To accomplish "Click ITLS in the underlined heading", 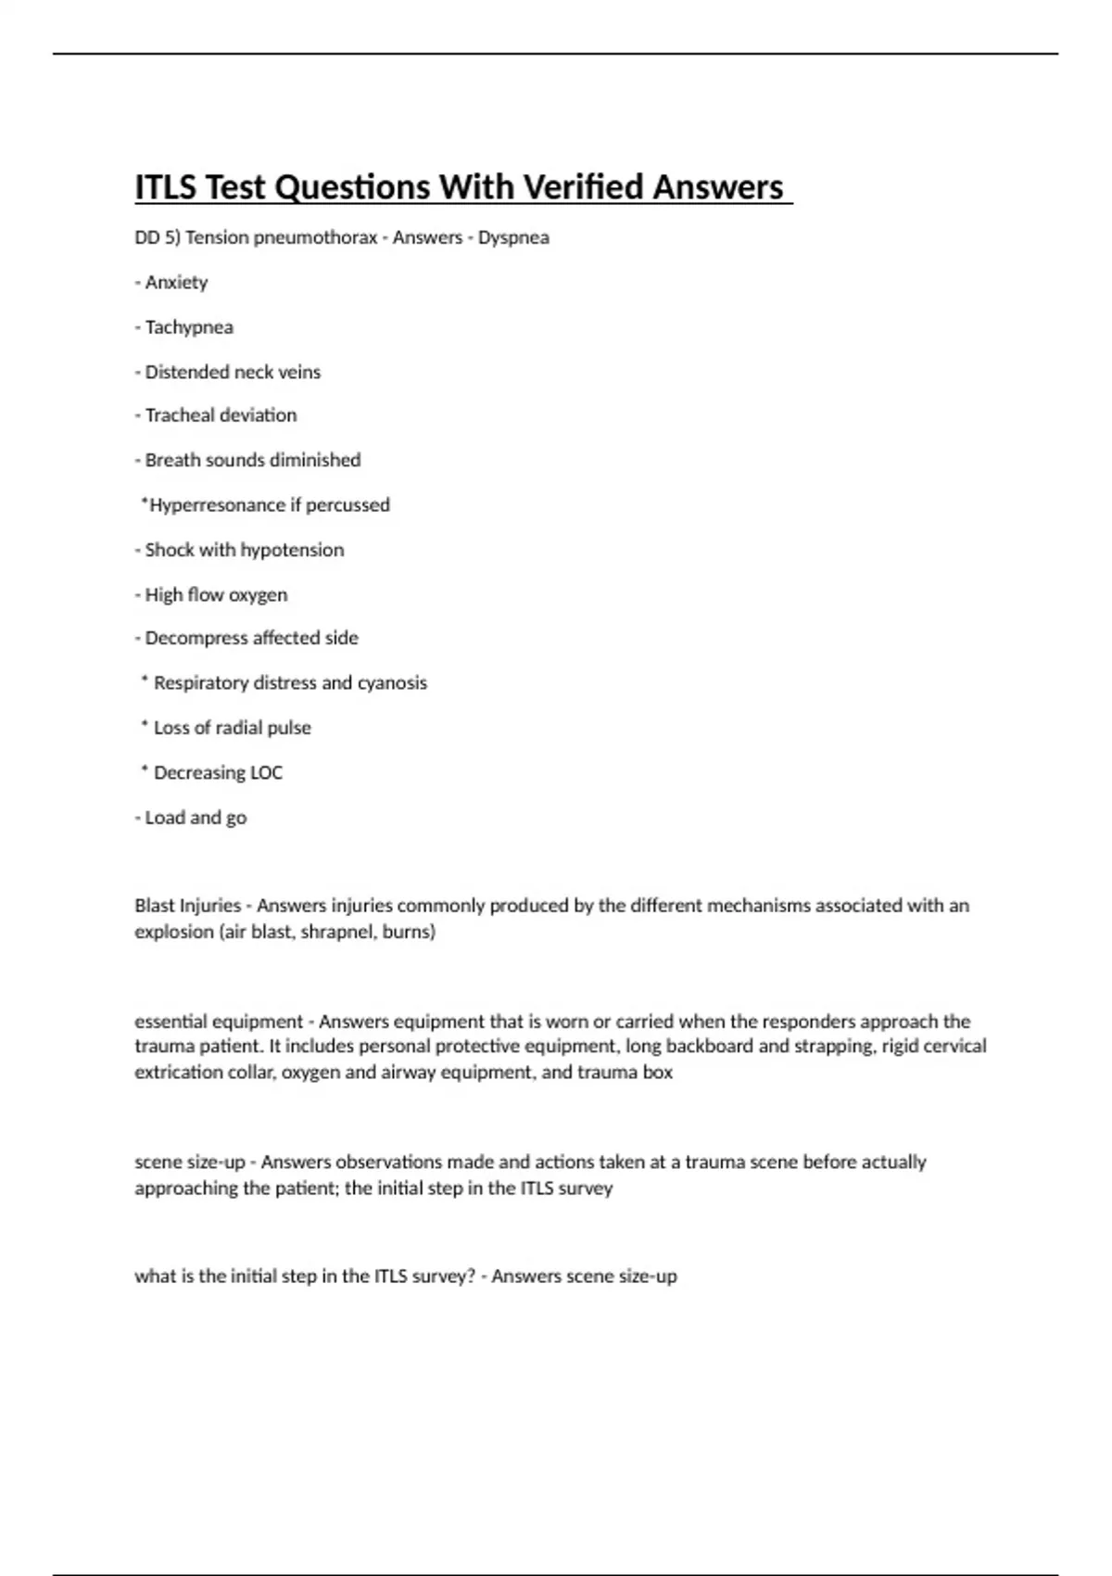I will (x=166, y=187).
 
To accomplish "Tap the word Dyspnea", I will (x=513, y=237).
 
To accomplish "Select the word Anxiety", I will (x=176, y=282).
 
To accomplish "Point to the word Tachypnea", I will (x=189, y=327).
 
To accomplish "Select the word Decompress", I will (x=192, y=638).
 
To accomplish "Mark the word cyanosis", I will (x=392, y=683).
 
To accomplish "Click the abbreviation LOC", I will (x=266, y=772).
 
